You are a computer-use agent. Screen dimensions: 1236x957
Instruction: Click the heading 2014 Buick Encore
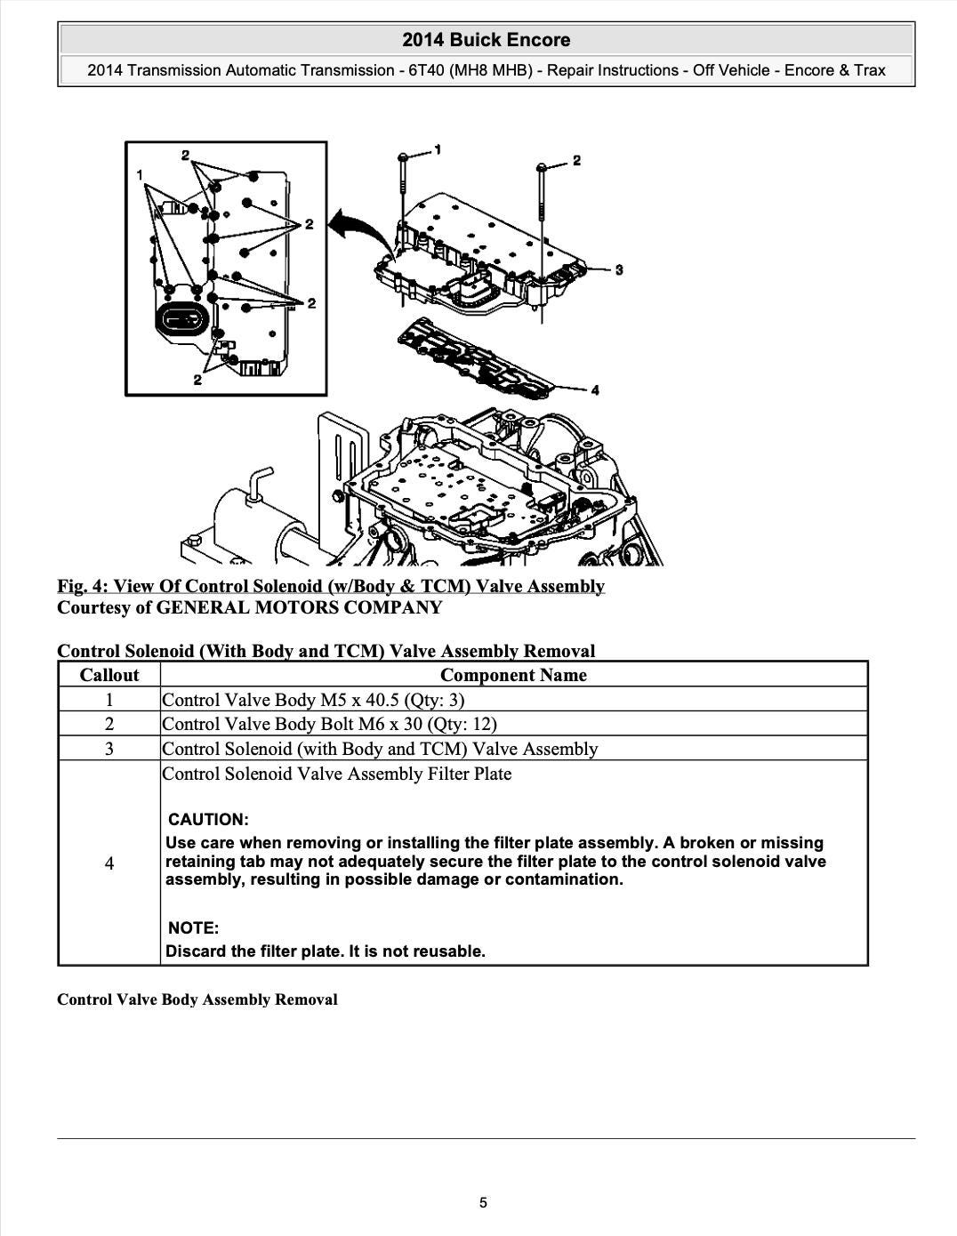click(486, 40)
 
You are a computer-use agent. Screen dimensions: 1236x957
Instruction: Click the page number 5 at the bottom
click(483, 1203)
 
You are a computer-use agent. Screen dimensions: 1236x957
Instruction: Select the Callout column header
click(109, 675)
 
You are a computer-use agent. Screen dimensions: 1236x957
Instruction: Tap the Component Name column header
click(513, 675)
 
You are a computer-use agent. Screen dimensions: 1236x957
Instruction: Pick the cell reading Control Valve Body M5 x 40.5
click(313, 700)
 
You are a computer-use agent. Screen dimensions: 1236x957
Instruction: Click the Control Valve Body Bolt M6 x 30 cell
click(329, 724)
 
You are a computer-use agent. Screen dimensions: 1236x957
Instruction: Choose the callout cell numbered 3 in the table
click(109, 749)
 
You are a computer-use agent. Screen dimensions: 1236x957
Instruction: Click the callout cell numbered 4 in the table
click(109, 863)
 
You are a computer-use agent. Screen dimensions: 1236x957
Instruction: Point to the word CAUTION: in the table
click(208, 820)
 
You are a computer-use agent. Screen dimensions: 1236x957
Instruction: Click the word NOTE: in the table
click(193, 928)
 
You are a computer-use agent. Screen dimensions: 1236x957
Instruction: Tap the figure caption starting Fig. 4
click(331, 586)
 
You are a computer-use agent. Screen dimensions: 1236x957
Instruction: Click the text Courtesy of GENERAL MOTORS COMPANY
click(249, 608)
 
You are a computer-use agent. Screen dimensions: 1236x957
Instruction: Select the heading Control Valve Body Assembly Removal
click(197, 999)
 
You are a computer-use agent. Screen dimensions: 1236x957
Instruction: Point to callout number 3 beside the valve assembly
click(619, 269)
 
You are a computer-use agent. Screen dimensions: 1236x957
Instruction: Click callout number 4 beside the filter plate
click(595, 389)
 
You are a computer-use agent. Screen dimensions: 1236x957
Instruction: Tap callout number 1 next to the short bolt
click(438, 149)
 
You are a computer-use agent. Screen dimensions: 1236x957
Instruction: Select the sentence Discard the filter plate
click(326, 951)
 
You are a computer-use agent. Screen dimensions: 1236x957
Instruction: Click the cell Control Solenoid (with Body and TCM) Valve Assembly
click(380, 749)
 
